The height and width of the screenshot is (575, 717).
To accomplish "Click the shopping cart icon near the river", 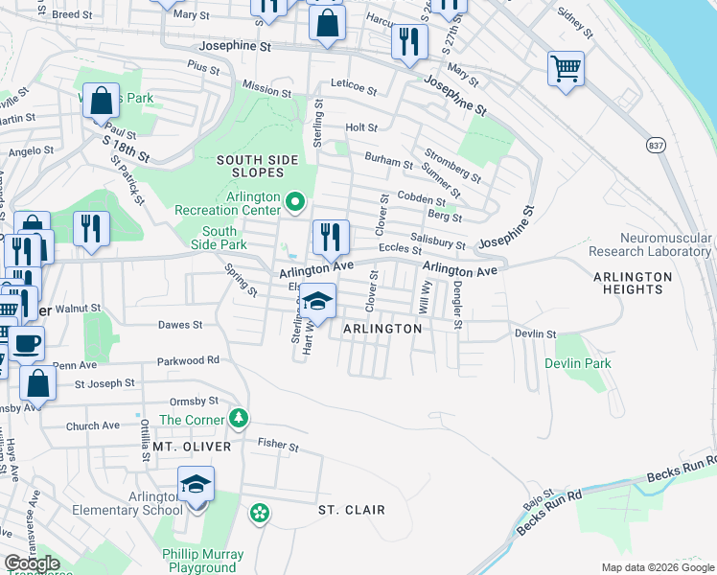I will (567, 69).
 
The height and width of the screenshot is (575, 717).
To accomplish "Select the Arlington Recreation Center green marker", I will (295, 201).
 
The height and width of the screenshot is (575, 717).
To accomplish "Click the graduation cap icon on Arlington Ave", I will (318, 301).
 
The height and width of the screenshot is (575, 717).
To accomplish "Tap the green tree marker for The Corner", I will (238, 419).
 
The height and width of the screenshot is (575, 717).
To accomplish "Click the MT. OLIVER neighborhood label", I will (192, 447).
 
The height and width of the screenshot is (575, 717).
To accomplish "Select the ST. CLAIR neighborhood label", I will (352, 510).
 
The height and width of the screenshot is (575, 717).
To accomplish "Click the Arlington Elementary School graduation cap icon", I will (196, 484).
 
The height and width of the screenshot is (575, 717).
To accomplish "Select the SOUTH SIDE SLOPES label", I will (250, 166).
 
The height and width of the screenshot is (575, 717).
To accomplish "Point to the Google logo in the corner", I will (32, 563).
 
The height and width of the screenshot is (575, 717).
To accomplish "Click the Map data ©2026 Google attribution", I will (657, 567).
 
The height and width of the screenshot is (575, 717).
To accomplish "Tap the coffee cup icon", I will (26, 343).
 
